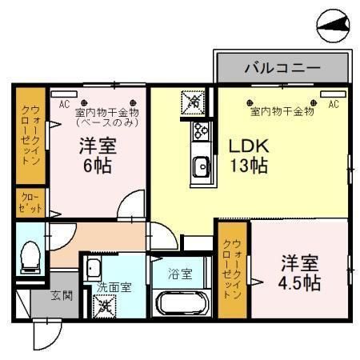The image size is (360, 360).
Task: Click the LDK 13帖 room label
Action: coord(248,157)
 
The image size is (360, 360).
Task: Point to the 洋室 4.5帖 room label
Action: coord(300,272)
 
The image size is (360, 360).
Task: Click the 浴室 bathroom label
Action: coord(180,274)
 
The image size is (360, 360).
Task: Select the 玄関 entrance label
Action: coord(62,295)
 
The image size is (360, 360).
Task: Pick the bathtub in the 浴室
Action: coord(182,304)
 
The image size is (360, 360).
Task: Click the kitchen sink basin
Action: coord(200,167)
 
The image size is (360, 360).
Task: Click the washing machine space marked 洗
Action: coord(105,305)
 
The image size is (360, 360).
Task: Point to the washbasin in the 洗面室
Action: coord(93,268)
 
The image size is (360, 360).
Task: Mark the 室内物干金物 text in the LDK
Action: coord(282,111)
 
